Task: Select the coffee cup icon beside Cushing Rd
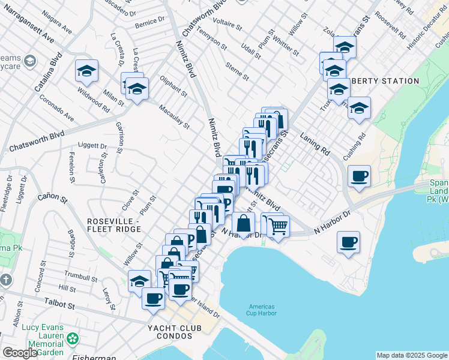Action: (359, 176)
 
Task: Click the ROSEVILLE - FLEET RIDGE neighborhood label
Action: (113, 225)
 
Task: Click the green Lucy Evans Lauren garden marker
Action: (73, 339)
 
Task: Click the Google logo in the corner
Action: (19, 353)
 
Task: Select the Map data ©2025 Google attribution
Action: (412, 355)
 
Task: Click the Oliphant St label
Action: (173, 86)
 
